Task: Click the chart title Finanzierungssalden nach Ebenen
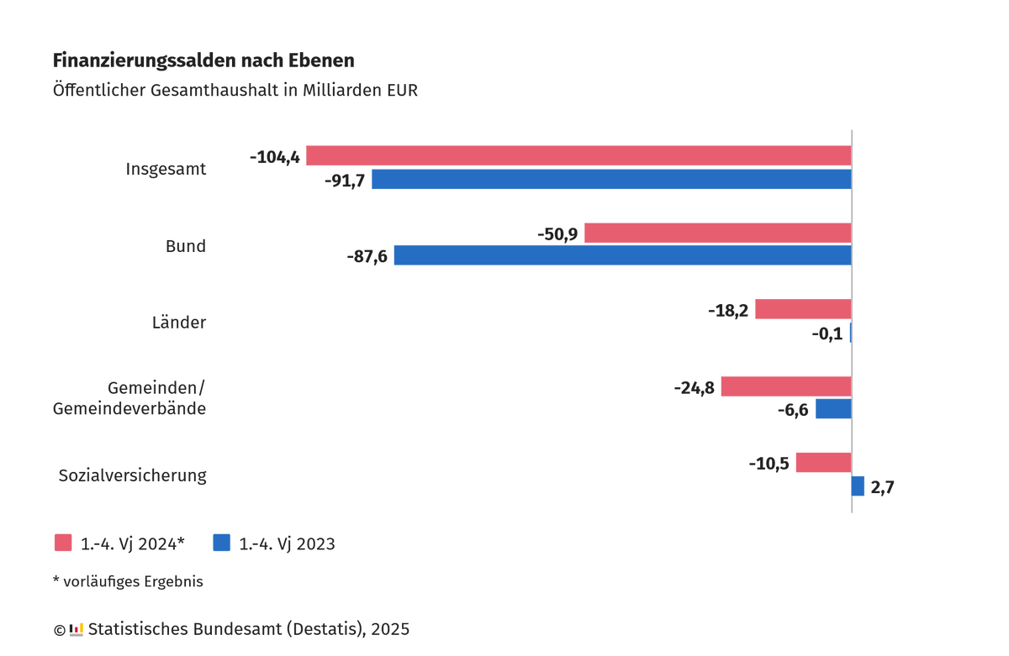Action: tap(203, 60)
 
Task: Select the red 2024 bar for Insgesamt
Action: tap(578, 155)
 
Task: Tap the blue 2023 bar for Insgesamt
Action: tap(611, 179)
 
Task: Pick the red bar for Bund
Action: tap(717, 233)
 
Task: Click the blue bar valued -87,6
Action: tap(622, 255)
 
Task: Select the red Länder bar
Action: tap(803, 309)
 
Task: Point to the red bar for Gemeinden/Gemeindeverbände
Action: tap(786, 386)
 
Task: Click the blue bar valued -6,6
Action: tap(833, 409)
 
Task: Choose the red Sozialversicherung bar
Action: tap(823, 462)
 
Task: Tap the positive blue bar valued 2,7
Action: tap(858, 486)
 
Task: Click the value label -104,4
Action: tap(274, 156)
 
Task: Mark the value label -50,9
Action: tap(557, 234)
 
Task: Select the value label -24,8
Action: tap(694, 387)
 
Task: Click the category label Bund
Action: tap(185, 246)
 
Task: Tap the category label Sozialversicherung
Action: tap(132, 475)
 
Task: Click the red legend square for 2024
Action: tap(63, 543)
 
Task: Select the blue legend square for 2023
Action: tap(222, 543)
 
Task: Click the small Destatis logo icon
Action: tap(77, 628)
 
